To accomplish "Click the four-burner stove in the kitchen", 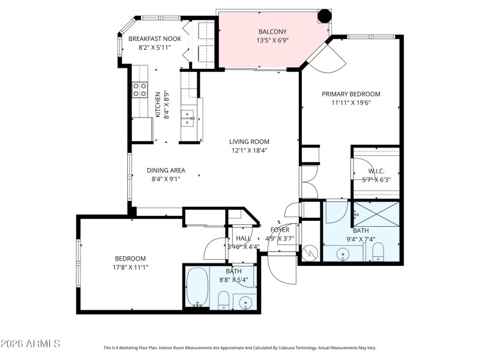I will (x=140, y=90).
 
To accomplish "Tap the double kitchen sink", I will (x=189, y=117).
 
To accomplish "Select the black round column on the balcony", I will (x=324, y=16).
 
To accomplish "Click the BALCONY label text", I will (x=272, y=32).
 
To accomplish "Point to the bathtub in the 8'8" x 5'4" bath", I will (x=197, y=287).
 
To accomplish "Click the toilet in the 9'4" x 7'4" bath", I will (x=379, y=255).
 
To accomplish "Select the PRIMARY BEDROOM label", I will (x=351, y=94).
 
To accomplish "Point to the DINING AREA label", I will (x=166, y=170).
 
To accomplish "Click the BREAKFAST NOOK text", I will (x=155, y=39).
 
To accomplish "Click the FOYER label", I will (x=280, y=230).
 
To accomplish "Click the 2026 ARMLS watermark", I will (x=31, y=344).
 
